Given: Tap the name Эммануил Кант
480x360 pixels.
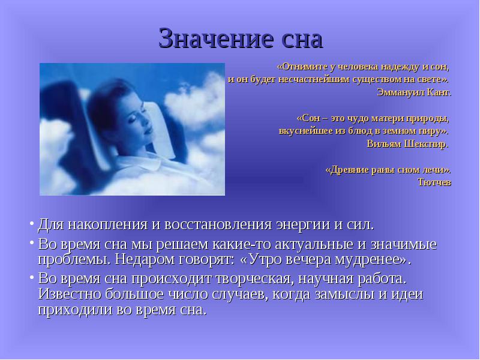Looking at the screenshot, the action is pyautogui.click(x=414, y=92).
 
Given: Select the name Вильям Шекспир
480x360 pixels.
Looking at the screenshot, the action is pyautogui.click(x=408, y=144).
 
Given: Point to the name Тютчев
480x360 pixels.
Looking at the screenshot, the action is pyautogui.click(x=434, y=182).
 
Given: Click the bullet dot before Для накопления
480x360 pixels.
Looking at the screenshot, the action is pyautogui.click(x=32, y=223).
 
